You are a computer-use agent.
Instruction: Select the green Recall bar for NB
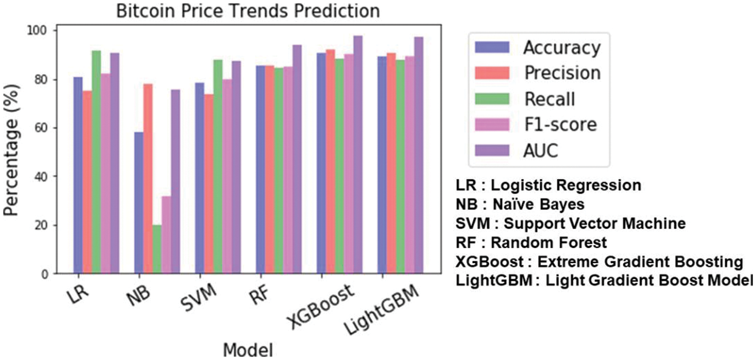(157, 249)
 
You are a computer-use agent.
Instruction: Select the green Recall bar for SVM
(218, 166)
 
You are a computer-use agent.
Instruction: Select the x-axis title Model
(247, 350)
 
